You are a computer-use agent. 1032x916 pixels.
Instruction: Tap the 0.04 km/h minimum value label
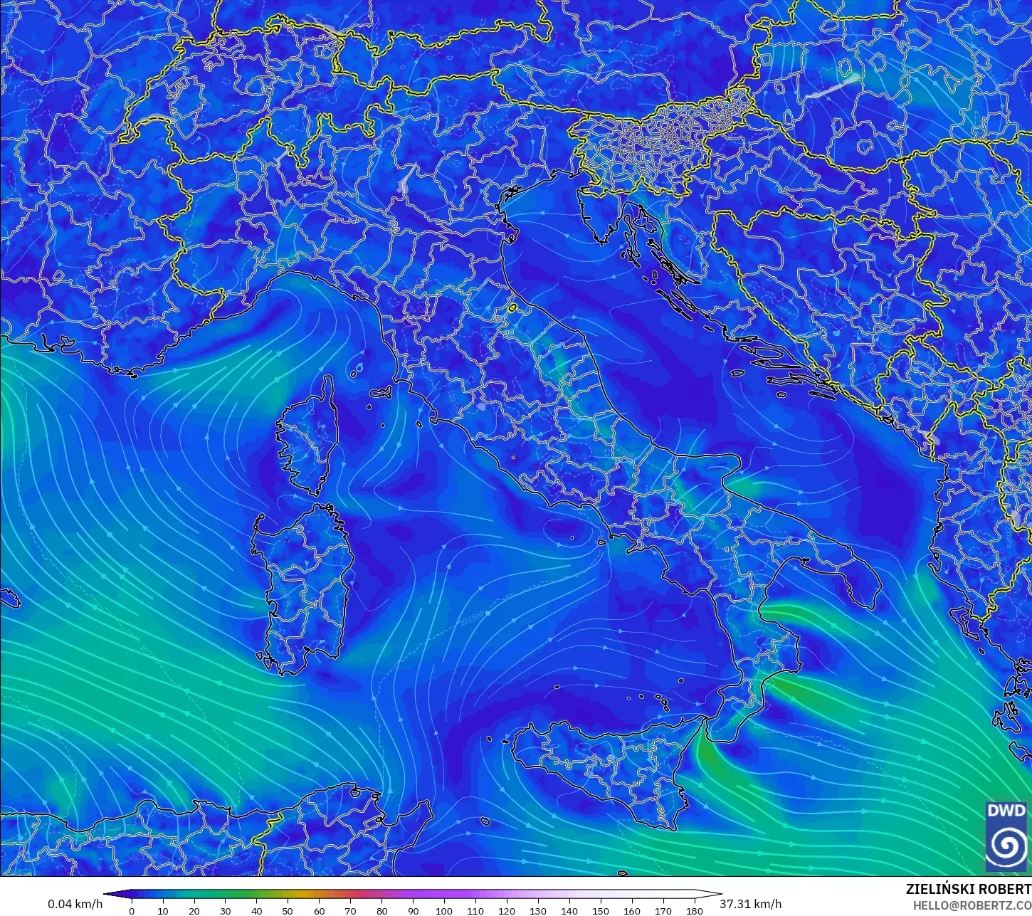pyautogui.click(x=75, y=904)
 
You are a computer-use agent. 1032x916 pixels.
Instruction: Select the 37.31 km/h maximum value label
pyautogui.click(x=750, y=904)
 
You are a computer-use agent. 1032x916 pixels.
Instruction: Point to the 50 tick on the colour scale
pyautogui.click(x=288, y=910)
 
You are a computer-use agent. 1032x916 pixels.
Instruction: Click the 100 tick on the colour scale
pyautogui.click(x=444, y=910)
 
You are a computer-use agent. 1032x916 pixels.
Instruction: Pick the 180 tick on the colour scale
pyautogui.click(x=694, y=910)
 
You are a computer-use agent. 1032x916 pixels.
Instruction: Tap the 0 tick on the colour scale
pyautogui.click(x=132, y=910)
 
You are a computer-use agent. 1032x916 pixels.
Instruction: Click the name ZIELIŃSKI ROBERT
pyautogui.click(x=968, y=889)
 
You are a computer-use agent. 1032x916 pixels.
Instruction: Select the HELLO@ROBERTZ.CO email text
pyautogui.click(x=972, y=905)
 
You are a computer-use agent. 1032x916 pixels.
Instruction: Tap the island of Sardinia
pyautogui.click(x=306, y=584)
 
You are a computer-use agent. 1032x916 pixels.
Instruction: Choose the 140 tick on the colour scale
pyautogui.click(x=569, y=910)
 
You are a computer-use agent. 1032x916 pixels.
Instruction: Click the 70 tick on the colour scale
pyautogui.click(x=350, y=910)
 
